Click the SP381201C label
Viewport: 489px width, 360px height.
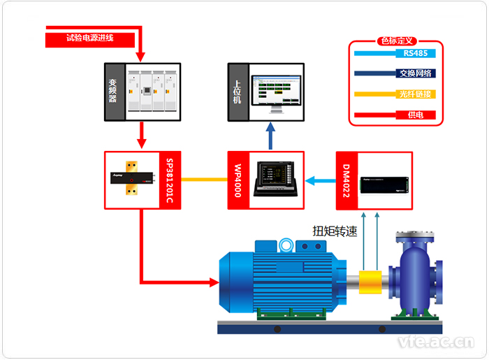[170, 180]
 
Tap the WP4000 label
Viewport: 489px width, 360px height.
[237, 180]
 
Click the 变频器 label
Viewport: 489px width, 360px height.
[113, 91]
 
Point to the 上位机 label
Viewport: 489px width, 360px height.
[237, 91]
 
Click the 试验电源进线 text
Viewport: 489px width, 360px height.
[89, 38]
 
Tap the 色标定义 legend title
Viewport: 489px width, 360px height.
[395, 41]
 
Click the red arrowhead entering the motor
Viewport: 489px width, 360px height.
[213, 282]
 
